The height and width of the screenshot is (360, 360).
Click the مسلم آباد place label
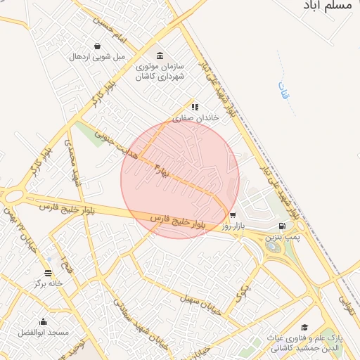coord(330,5)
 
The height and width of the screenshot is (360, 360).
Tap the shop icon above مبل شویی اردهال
coord(96,46)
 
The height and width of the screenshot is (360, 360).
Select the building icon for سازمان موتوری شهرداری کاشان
coord(160,56)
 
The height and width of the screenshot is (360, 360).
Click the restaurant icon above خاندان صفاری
coord(195,107)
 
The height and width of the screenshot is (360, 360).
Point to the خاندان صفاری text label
coord(197,118)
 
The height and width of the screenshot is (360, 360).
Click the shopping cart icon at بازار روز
coord(232,216)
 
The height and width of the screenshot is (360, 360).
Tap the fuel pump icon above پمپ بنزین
coord(282,226)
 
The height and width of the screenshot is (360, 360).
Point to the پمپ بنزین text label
coord(283,238)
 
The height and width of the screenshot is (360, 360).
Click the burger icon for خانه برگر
coord(48,273)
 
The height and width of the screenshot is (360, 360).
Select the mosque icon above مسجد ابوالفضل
coord(43,321)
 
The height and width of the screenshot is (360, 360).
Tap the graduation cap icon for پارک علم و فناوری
coord(304,327)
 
